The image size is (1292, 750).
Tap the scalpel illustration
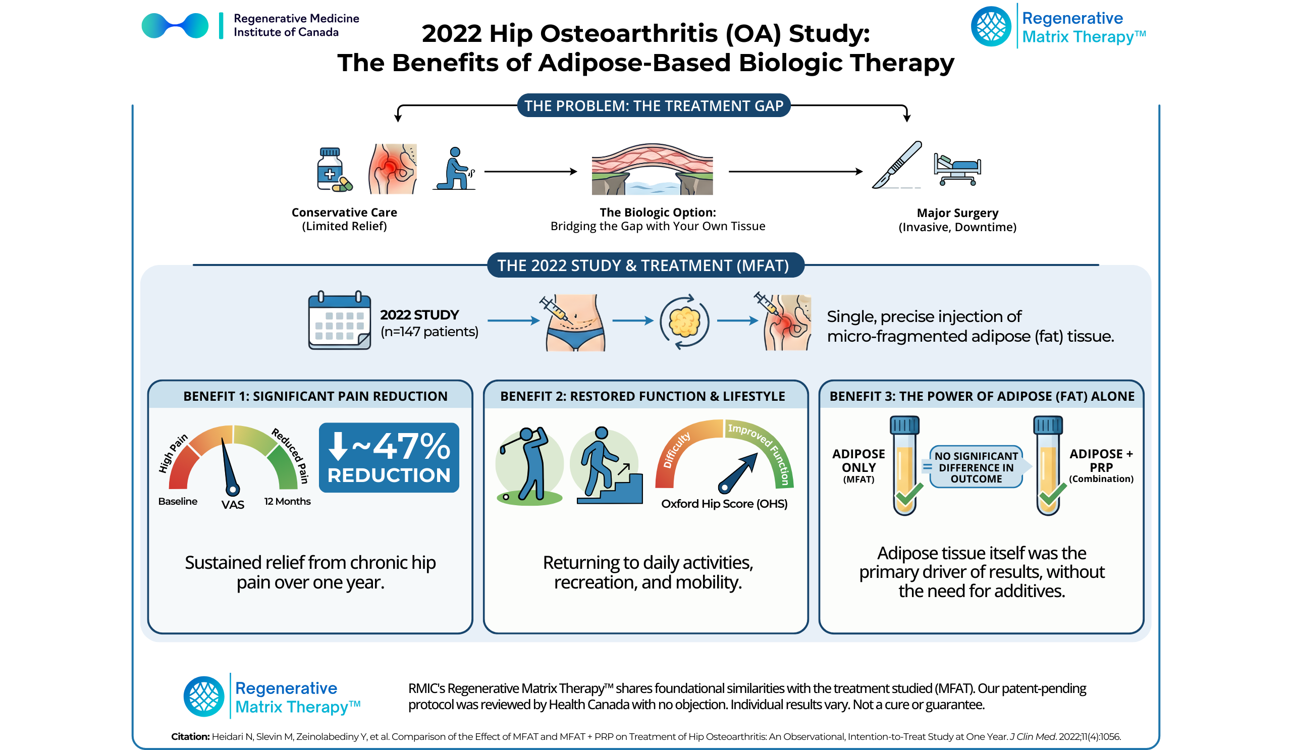pyautogui.click(x=897, y=165)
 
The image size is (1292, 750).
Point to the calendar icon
pyautogui.click(x=340, y=321)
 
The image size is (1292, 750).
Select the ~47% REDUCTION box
pyautogui.click(x=389, y=458)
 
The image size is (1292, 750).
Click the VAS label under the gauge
pyautogui.click(x=233, y=505)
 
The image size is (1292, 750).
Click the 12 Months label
pyautogui.click(x=287, y=501)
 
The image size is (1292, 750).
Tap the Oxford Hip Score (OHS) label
pyautogui.click(x=724, y=504)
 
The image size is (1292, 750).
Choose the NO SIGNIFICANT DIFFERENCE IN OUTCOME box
pyautogui.click(x=976, y=467)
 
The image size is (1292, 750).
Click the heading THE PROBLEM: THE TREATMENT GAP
pyautogui.click(x=654, y=105)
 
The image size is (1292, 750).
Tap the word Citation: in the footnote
pyautogui.click(x=190, y=737)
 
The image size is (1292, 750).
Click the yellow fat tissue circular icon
pyautogui.click(x=684, y=322)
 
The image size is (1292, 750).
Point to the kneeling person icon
pyautogui.click(x=455, y=169)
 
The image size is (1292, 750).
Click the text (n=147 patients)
pyautogui.click(x=429, y=332)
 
